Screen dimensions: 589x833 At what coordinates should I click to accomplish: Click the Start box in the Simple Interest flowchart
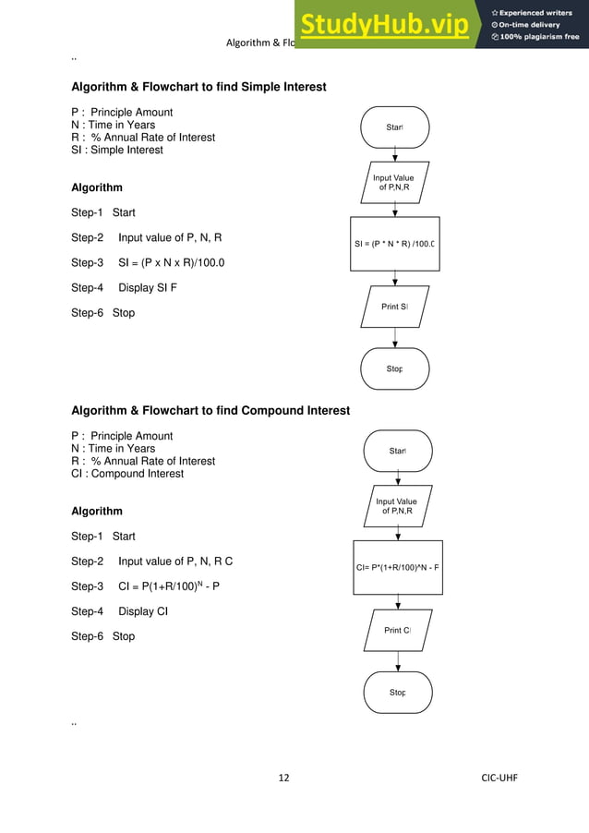(x=395, y=127)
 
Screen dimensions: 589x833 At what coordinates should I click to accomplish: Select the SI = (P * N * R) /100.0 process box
(x=395, y=244)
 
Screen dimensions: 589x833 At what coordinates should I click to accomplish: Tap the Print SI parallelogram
(x=395, y=306)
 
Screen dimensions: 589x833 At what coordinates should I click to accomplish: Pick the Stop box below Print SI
(x=395, y=368)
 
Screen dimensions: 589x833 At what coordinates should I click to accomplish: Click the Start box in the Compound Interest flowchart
(x=398, y=451)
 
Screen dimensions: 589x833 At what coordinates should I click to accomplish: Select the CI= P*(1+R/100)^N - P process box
(x=398, y=567)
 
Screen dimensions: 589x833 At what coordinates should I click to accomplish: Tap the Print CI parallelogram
(x=398, y=630)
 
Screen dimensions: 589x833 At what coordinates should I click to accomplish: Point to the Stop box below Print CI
(x=398, y=692)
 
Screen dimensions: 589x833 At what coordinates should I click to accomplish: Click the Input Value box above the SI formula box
(x=394, y=182)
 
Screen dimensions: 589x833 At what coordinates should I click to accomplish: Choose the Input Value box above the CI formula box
(x=397, y=506)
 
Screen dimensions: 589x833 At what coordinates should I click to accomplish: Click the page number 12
(x=283, y=778)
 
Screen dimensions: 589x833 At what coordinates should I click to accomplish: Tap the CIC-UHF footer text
(x=499, y=778)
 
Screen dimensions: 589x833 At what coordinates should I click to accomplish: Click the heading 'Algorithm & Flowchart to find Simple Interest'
(x=198, y=88)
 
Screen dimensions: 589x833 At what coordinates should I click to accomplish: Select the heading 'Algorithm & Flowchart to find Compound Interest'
(x=210, y=411)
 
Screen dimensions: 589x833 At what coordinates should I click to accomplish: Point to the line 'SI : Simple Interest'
(x=116, y=150)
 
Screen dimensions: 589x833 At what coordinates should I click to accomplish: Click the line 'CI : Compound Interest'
(x=127, y=474)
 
